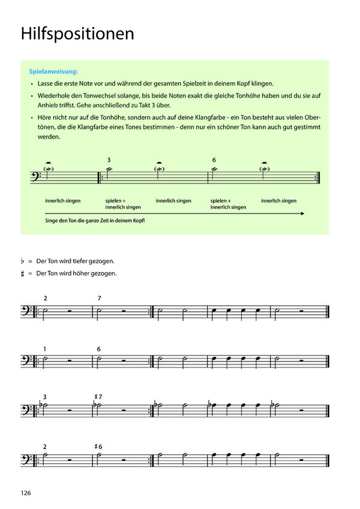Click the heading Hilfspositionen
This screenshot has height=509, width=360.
pos(77,34)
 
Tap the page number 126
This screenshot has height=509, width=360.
pos(25,493)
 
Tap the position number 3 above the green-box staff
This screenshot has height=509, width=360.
pos(109,160)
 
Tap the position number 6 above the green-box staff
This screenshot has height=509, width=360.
pos(214,160)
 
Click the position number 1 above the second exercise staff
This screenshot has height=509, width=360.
pos(45,349)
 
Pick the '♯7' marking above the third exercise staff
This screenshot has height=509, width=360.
pos(99,397)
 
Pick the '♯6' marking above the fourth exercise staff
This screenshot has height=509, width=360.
pos(99,447)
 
